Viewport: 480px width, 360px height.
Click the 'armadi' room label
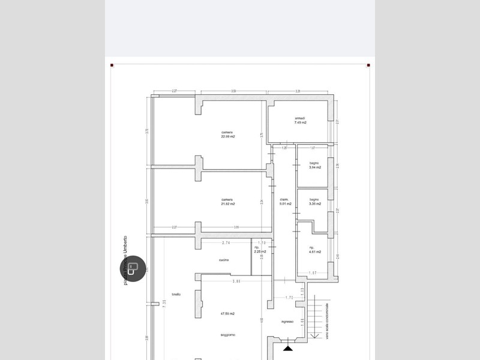point(300,118)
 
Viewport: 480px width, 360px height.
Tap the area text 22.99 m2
point(227,137)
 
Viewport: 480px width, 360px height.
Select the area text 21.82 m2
point(227,204)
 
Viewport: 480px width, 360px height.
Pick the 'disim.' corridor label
point(285,200)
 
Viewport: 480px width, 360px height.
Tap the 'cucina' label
point(224,260)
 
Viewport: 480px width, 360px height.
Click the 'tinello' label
point(176,294)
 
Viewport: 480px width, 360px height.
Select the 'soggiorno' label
point(227,334)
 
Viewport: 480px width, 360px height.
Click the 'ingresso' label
point(287,322)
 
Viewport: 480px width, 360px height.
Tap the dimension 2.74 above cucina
point(226,242)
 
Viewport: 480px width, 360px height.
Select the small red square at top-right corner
point(368,65)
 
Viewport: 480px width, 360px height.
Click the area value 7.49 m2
point(300,123)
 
